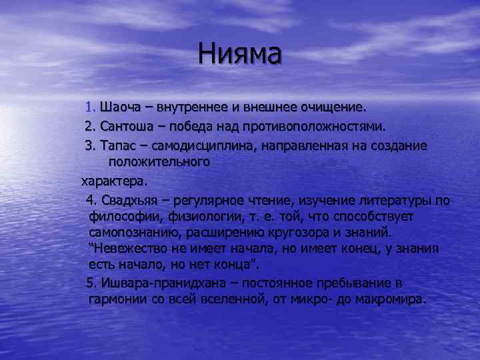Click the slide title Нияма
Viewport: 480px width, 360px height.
[240, 54]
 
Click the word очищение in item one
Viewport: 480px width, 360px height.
[335, 107]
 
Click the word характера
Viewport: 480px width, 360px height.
[113, 181]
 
